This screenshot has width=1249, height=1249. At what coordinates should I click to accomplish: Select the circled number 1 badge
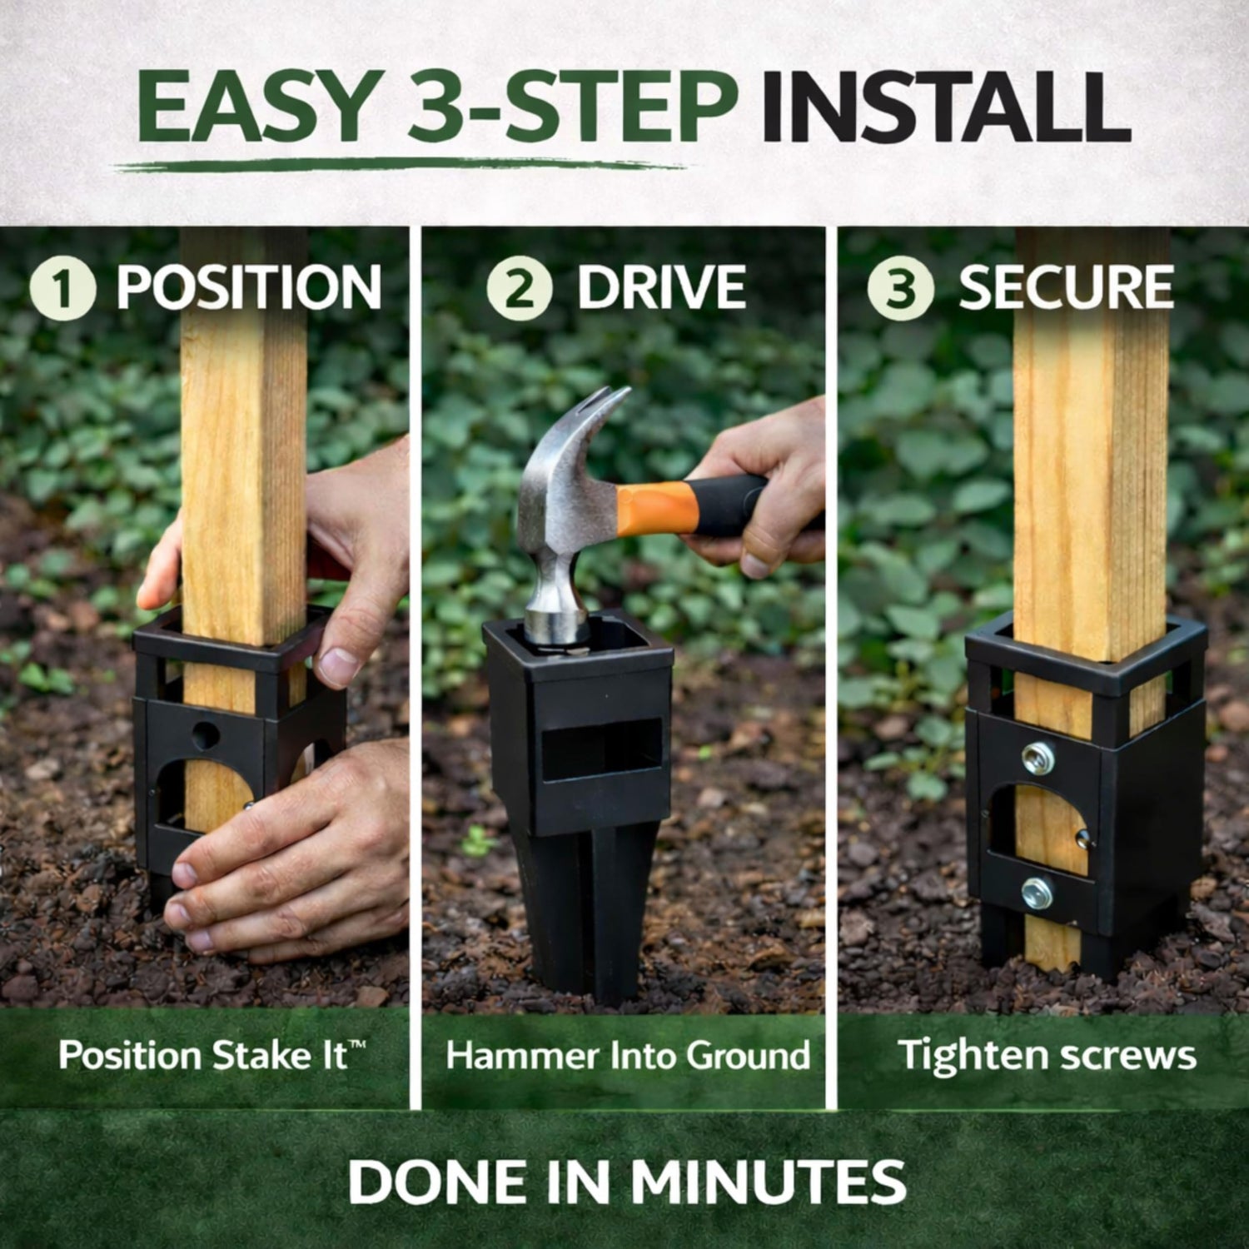pyautogui.click(x=62, y=288)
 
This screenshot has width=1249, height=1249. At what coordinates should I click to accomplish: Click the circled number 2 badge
pyautogui.click(x=520, y=288)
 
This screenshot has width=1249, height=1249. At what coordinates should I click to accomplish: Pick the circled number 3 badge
pyautogui.click(x=900, y=288)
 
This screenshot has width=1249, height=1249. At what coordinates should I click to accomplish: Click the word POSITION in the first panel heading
pyautogui.click(x=249, y=288)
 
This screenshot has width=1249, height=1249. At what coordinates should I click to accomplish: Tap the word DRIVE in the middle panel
pyautogui.click(x=662, y=288)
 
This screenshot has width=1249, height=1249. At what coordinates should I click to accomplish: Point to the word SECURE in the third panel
pyautogui.click(x=1066, y=288)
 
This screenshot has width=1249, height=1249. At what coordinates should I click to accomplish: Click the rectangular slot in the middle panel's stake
pyautogui.click(x=602, y=749)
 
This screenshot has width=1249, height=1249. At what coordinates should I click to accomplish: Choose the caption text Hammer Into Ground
pyautogui.click(x=628, y=1055)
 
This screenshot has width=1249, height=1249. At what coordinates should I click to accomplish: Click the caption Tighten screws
pyautogui.click(x=1047, y=1055)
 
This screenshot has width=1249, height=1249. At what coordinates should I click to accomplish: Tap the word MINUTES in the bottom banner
pyautogui.click(x=767, y=1181)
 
